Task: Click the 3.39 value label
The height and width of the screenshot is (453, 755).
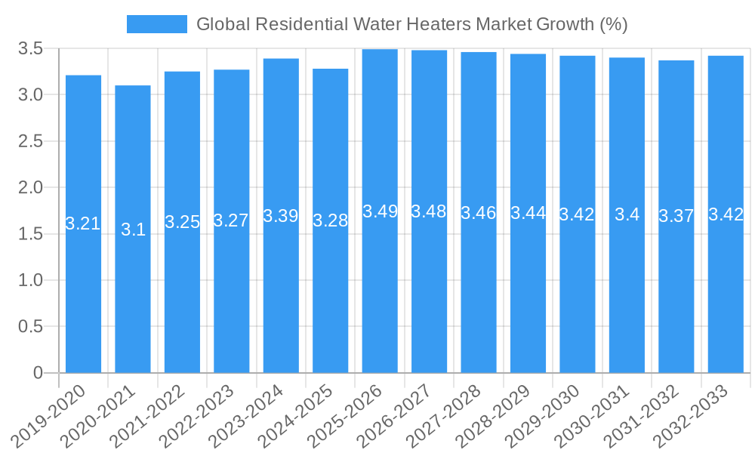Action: coord(281,216)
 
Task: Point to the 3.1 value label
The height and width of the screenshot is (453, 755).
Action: coord(133,230)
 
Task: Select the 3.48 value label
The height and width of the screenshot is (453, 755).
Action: coord(429,212)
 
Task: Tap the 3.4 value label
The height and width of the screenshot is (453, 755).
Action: coord(627,214)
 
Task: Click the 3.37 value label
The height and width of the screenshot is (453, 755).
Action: coord(676,217)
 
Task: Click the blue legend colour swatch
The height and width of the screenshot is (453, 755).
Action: coord(156,24)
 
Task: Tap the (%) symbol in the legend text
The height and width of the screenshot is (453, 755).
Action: coord(613,24)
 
